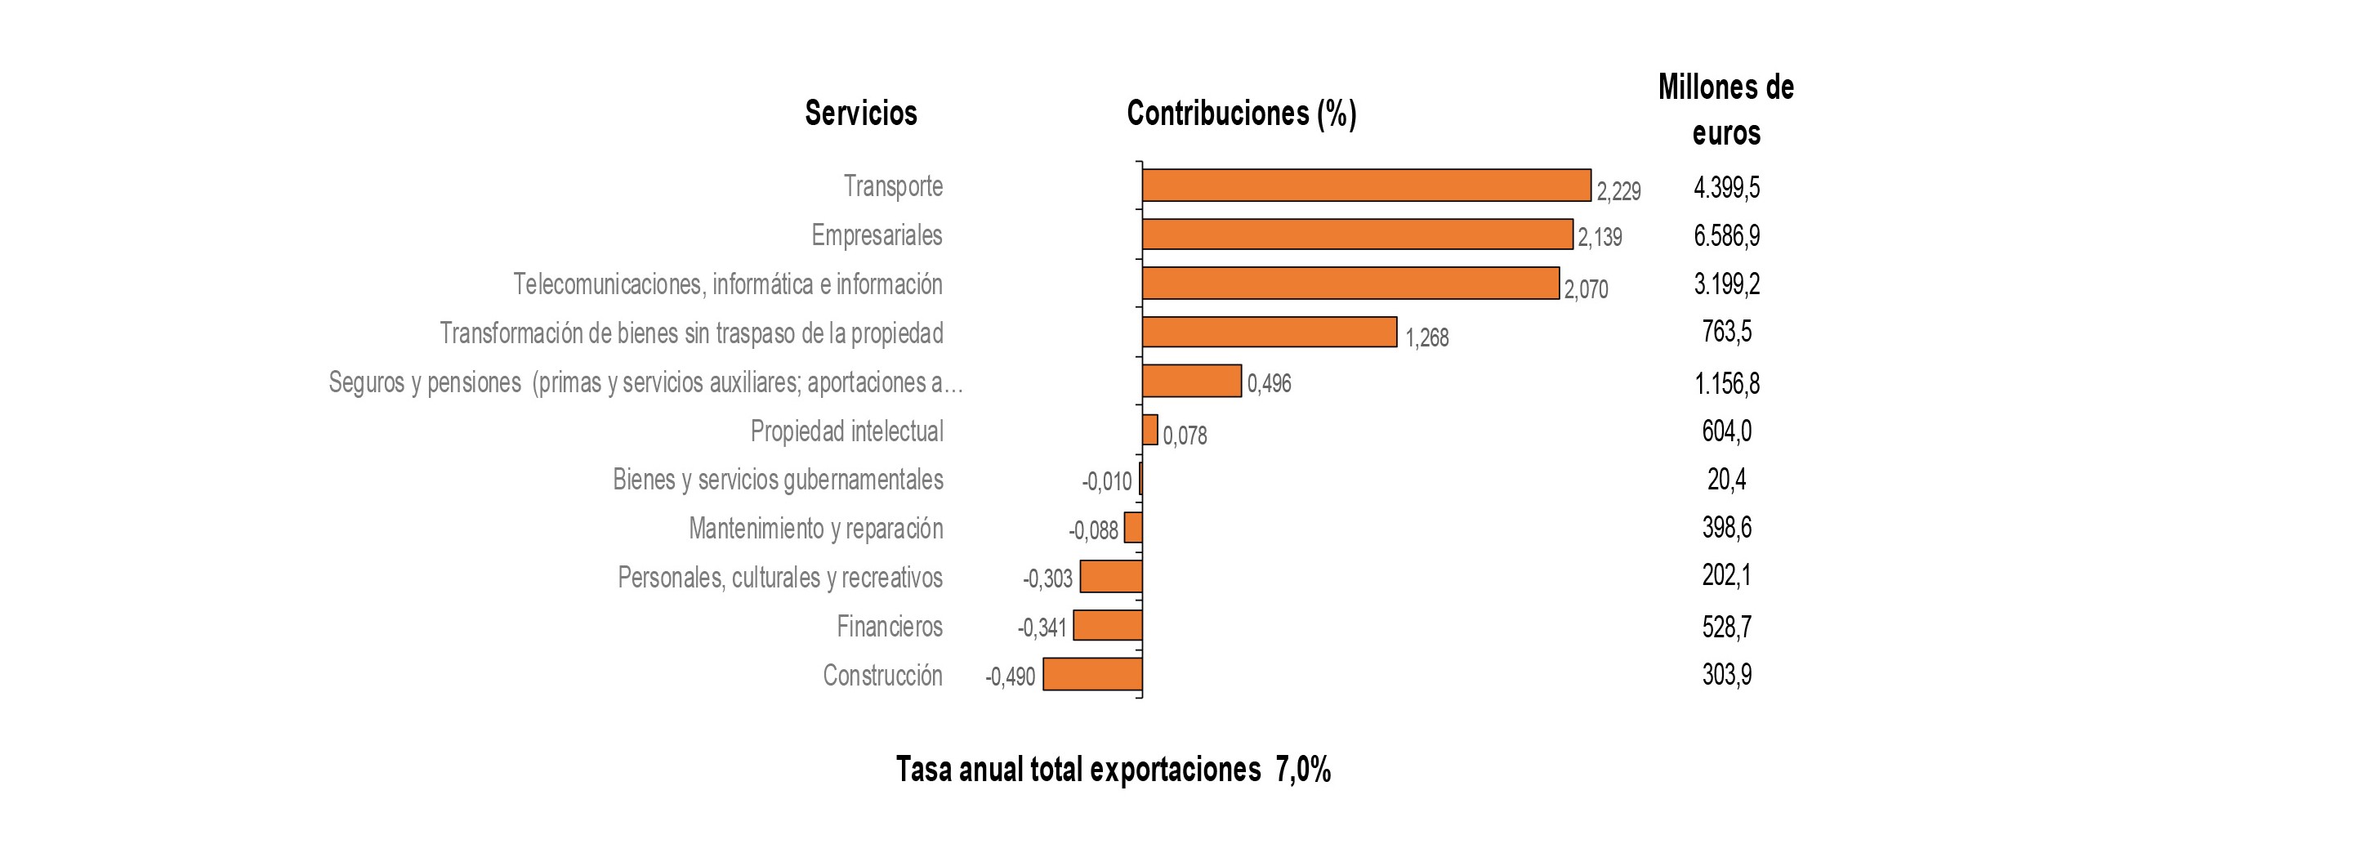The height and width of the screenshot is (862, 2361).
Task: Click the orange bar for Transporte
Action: click(1366, 185)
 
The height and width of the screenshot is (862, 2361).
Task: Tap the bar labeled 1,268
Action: click(1270, 332)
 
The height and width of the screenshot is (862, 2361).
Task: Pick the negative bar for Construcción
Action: click(1092, 674)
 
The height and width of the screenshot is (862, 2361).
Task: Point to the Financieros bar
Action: click(1108, 625)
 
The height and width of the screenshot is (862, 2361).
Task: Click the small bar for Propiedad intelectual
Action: click(1150, 429)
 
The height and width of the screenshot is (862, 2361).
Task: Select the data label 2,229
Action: click(1618, 192)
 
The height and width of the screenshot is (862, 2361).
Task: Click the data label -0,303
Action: click(1047, 578)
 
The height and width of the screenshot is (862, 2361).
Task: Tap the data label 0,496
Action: click(1270, 383)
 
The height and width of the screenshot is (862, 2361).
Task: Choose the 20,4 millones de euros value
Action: click(1727, 479)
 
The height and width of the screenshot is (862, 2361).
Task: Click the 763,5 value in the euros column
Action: click(1727, 331)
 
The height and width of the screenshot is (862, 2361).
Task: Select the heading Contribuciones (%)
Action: click(1241, 113)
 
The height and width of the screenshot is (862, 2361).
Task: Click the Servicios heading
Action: click(860, 113)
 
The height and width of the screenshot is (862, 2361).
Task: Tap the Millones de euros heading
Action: click(1727, 110)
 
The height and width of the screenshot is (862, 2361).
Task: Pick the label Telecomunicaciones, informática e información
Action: click(728, 284)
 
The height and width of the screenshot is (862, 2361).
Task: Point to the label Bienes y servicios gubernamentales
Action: click(778, 480)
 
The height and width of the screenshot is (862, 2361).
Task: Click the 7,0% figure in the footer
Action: click(1303, 770)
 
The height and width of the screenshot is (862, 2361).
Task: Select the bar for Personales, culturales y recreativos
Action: click(1111, 577)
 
